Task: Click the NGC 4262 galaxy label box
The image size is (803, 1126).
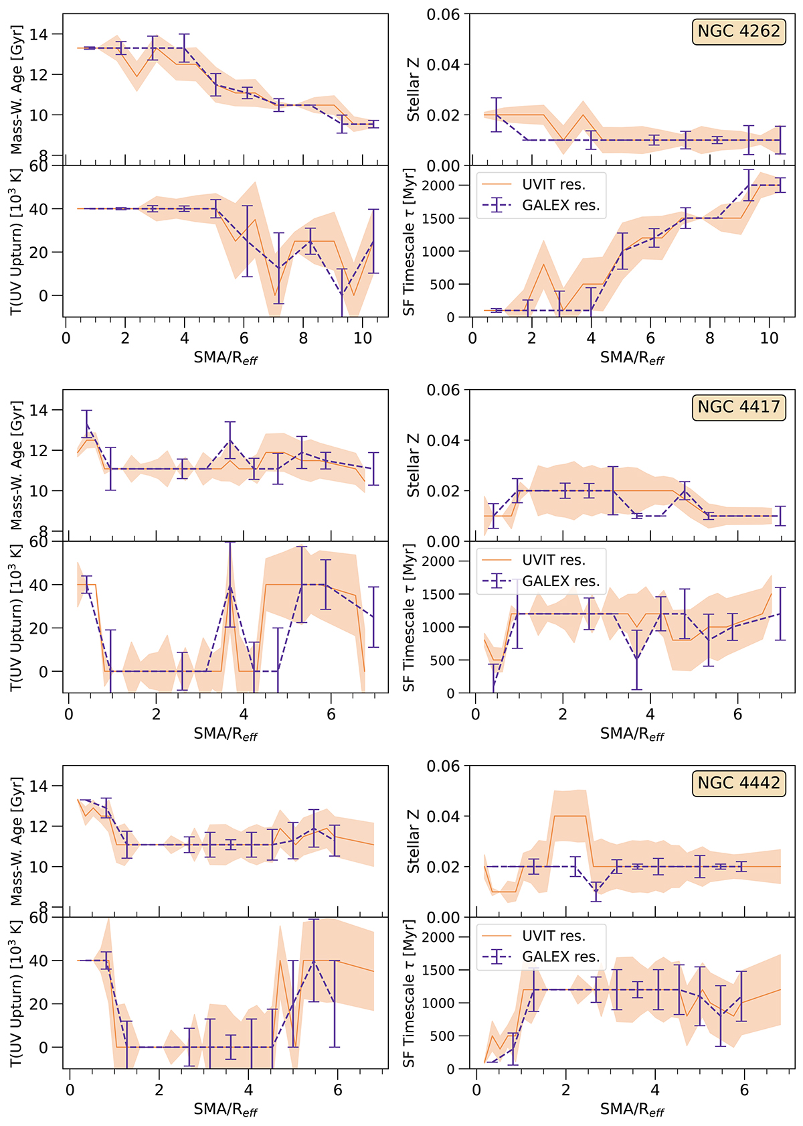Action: coord(739,31)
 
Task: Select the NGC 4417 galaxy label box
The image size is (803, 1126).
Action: coord(739,407)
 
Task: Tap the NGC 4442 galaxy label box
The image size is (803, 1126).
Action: coord(739,783)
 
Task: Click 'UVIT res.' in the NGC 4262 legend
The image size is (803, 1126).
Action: coord(553,184)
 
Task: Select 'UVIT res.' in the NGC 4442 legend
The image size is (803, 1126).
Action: coord(553,936)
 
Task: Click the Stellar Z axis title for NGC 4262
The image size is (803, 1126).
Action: coord(414,90)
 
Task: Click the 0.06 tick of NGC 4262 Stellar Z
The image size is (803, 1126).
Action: coord(444,15)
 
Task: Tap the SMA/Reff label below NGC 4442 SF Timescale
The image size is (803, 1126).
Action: coord(632,1110)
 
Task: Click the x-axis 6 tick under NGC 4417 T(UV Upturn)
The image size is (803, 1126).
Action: coord(331,715)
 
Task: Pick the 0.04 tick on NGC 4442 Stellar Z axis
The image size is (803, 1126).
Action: coord(444,817)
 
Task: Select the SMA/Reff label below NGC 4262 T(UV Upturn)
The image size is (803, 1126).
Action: coord(226,358)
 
